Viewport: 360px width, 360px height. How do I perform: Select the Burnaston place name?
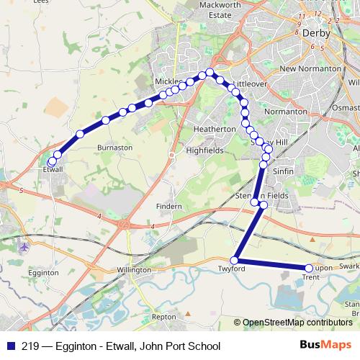click(114, 147)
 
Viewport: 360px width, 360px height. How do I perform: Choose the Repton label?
click(164, 316)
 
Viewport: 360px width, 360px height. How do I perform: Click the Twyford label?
click(233, 269)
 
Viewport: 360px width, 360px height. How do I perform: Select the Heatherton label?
click(215, 129)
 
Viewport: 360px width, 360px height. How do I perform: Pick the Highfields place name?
click(204, 151)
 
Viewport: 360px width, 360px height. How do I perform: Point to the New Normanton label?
click(310, 68)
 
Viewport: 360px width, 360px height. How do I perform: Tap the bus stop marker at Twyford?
click(234, 259)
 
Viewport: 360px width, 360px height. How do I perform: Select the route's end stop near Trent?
click(309, 269)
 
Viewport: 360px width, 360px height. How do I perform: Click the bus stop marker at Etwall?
click(51, 162)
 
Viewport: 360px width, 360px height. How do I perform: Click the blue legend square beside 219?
click(12, 345)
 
